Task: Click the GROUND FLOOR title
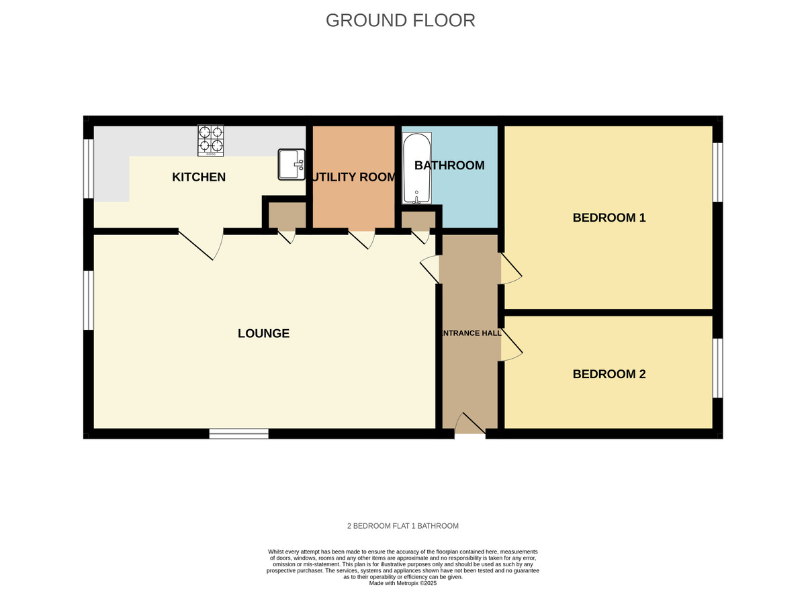coord(400,20)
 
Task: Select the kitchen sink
coord(292,165)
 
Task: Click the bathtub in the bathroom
coord(417,169)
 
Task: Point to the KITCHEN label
coord(199,177)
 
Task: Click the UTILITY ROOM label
coord(354,177)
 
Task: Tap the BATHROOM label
coord(449,165)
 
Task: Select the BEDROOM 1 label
coord(609,218)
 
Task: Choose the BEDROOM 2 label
coord(609,374)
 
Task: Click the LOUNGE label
coord(263,333)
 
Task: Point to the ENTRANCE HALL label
coord(470,333)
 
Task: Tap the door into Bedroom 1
coord(510,269)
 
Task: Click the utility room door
coord(361,239)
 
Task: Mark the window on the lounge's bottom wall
coord(238,434)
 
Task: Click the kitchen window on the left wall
coord(88,169)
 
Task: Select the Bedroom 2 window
coord(717,368)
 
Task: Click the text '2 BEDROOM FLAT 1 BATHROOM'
coord(402,526)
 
